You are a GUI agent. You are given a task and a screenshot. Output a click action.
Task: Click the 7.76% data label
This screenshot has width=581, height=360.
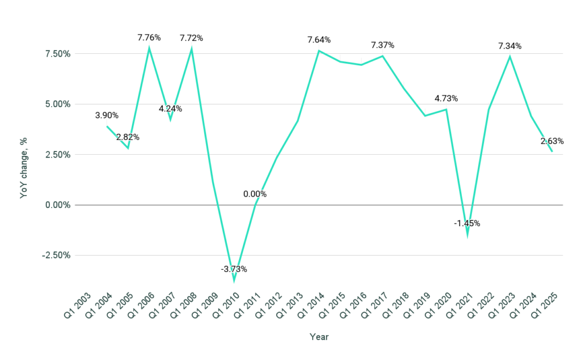(149, 38)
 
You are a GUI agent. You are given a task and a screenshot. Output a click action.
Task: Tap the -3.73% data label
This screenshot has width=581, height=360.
(234, 269)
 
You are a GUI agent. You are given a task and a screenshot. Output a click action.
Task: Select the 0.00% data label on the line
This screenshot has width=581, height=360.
(255, 194)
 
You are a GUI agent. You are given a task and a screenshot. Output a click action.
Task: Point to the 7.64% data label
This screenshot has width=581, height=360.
(319, 40)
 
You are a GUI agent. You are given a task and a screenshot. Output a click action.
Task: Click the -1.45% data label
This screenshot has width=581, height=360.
(467, 223)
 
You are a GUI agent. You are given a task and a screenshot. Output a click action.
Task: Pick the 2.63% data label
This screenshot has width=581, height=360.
(552, 141)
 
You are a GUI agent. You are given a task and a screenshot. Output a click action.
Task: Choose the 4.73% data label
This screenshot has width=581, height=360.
(446, 99)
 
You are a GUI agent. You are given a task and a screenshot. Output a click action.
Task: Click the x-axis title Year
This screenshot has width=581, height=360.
(319, 337)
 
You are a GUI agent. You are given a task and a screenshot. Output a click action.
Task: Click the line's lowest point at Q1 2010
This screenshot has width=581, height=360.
(234, 280)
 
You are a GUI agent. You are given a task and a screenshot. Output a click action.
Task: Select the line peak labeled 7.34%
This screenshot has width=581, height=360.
(510, 57)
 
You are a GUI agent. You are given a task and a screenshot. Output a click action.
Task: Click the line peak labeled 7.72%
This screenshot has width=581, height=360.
(192, 49)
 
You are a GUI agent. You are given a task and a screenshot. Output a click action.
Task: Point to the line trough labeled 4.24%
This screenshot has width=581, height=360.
(170, 119)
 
